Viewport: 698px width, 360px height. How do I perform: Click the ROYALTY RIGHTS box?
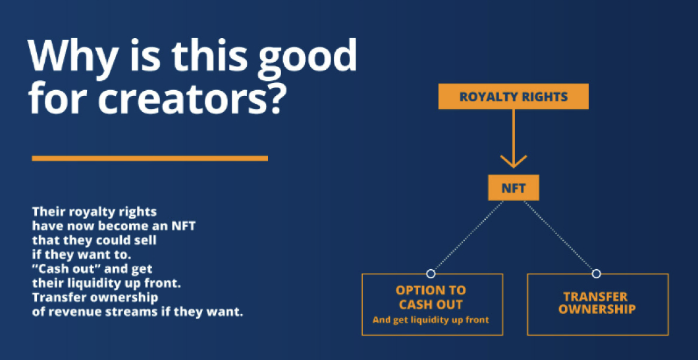click(x=513, y=97)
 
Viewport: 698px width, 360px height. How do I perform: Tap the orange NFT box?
click(x=513, y=188)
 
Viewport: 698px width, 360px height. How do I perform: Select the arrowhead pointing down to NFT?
click(x=513, y=161)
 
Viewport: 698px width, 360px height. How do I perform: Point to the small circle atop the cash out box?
click(x=431, y=273)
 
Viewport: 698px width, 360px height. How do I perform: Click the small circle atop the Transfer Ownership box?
click(x=597, y=273)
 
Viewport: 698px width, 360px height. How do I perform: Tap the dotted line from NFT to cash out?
click(x=468, y=236)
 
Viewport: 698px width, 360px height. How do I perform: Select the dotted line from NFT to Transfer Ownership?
click(x=558, y=236)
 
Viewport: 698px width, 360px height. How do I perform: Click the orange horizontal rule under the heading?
click(x=150, y=158)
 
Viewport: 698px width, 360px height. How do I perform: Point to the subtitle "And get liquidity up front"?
click(x=431, y=319)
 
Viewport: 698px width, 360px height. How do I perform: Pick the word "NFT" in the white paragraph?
click(x=183, y=226)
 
